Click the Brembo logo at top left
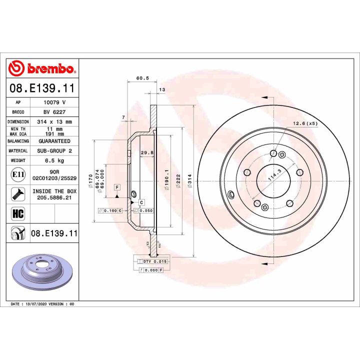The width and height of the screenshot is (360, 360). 42,68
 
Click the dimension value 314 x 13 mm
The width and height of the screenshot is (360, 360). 54,121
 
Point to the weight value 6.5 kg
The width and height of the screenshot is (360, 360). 54,160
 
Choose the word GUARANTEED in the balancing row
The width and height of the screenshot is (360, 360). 54,141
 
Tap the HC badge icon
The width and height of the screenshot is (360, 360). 17,213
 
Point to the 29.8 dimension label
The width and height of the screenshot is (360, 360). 146,153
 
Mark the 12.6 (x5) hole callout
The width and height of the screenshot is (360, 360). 305,123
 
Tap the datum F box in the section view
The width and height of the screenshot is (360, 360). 117,186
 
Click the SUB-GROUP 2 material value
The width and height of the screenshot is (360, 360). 54,150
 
